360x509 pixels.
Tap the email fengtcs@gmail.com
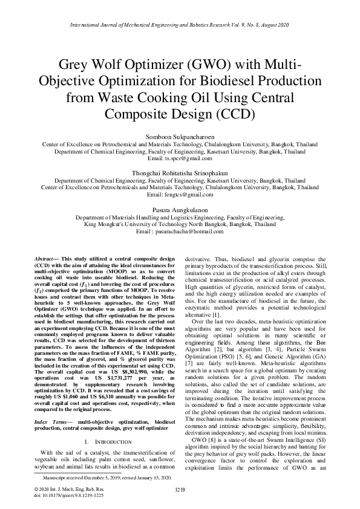click(x=180, y=195)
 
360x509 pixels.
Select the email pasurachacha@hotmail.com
click(x=180, y=232)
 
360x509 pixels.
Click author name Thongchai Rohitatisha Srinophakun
click(x=180, y=173)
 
